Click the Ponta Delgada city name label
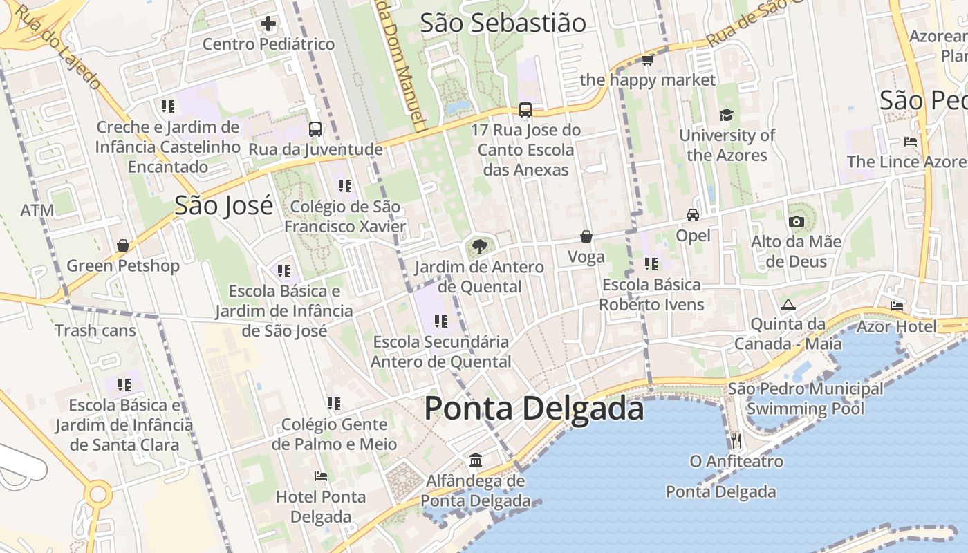coord(534,409)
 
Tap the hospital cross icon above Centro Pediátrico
coord(268,24)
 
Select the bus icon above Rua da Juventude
coord(315,129)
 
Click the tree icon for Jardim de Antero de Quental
coord(479,246)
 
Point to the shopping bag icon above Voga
coord(586,236)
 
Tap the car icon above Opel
coord(693,215)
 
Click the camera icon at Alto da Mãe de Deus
coord(796,221)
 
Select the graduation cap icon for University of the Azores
coord(726,115)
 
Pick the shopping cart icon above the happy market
coord(648,60)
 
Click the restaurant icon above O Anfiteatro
coord(736,440)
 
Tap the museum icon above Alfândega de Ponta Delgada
coord(476,460)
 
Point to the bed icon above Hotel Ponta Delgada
coord(321,476)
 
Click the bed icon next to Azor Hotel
coord(897,306)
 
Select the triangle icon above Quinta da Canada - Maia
coord(788,304)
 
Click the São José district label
coord(223,205)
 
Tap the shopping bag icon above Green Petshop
coord(123,245)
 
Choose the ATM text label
coord(37,210)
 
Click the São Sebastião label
coord(503,23)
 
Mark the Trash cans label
coord(95,330)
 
